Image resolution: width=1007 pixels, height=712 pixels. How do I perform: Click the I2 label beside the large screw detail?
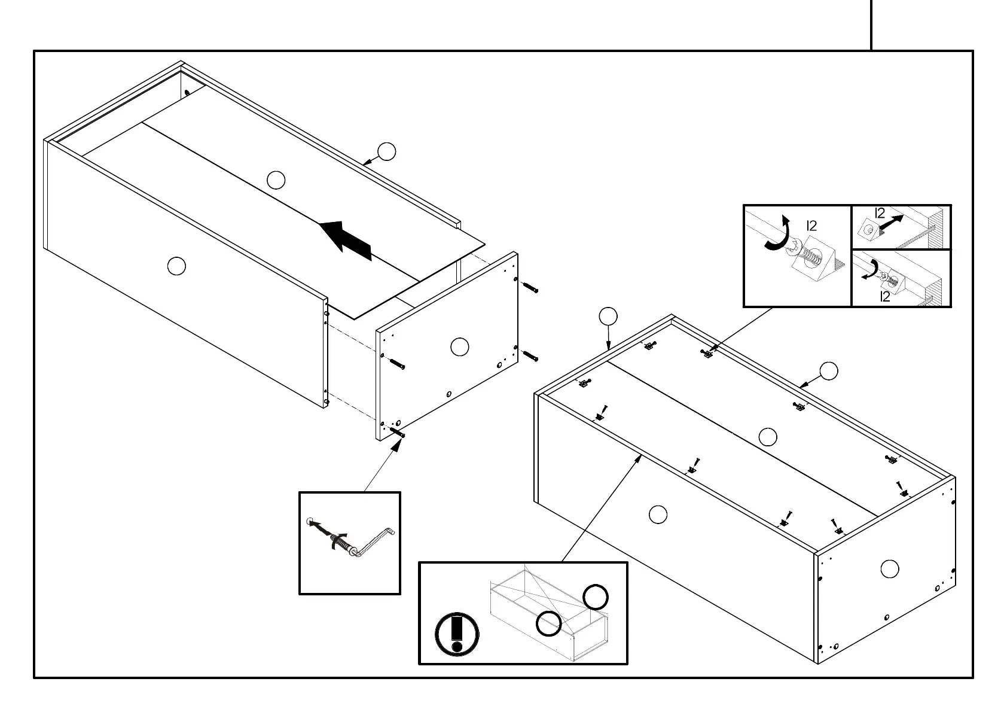coord(811,226)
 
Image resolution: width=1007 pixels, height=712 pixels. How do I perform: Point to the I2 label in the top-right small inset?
coord(879,214)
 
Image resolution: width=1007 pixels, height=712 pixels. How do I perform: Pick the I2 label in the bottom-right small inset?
coord(885,296)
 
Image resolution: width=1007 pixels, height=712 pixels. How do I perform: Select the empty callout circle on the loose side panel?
coord(459,347)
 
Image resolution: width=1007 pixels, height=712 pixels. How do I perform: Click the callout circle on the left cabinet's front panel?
coord(176,266)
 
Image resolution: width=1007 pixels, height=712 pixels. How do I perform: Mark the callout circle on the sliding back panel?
coord(276,180)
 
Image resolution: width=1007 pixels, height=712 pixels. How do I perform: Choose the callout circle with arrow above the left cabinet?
coord(387,152)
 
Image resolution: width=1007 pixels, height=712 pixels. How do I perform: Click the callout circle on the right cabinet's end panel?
coord(890,569)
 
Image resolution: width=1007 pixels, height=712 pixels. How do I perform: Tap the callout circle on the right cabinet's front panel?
coord(658,515)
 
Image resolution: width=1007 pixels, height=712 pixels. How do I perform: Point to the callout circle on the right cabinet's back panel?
coord(768,437)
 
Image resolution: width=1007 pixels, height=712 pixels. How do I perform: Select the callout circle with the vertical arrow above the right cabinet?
coord(608,316)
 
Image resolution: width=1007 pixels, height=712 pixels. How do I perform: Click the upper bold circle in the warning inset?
coord(595,597)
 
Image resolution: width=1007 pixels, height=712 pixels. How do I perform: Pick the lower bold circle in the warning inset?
coord(548,623)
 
